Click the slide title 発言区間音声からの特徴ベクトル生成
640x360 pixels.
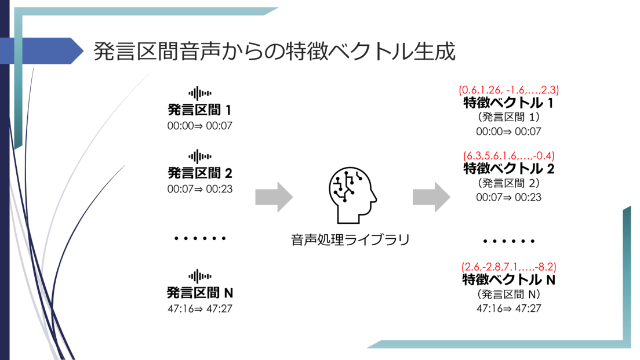click(x=274, y=52)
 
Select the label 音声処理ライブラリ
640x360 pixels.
click(x=350, y=239)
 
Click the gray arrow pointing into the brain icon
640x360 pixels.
click(x=274, y=197)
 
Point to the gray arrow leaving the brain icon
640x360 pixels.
click(x=431, y=197)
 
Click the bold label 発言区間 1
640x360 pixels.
click(x=199, y=110)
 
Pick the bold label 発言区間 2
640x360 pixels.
click(x=199, y=173)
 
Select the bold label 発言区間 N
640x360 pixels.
click(x=199, y=292)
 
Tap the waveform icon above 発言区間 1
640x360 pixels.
click(x=199, y=93)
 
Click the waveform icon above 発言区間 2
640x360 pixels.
click(x=199, y=156)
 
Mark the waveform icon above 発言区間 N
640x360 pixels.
click(x=199, y=275)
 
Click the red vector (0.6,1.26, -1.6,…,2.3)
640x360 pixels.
click(x=508, y=90)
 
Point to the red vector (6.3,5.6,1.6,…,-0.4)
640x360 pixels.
click(x=508, y=155)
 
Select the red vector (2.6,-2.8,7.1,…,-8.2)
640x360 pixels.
click(x=508, y=267)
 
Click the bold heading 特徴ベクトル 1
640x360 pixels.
click(x=508, y=103)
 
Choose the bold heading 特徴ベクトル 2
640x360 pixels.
click(x=508, y=169)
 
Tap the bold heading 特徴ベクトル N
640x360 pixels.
click(x=508, y=280)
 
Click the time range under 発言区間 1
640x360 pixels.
click(x=199, y=125)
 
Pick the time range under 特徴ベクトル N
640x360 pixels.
click(x=508, y=308)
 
